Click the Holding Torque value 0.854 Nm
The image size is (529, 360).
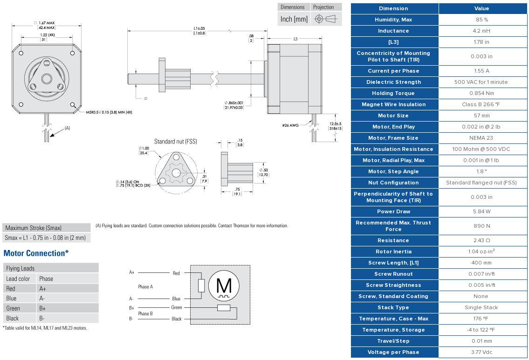tap(481, 93)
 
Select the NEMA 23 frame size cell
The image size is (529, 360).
tap(481, 138)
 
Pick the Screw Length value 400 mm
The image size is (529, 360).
tap(481, 263)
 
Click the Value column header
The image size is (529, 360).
tap(481, 8)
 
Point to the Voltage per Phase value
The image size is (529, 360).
tap(481, 352)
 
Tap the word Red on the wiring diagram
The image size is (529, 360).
tap(176, 273)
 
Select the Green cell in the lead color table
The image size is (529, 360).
tap(13, 308)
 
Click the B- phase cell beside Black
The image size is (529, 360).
tap(42, 319)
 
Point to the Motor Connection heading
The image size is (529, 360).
tap(36, 253)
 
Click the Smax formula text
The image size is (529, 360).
tap(45, 238)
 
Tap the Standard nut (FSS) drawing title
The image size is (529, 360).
tap(175, 142)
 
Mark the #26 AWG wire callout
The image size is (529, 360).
tap(291, 125)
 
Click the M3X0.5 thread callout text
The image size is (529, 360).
tap(109, 112)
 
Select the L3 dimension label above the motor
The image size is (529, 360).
tap(295, 39)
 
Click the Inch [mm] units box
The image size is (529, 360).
tap(294, 19)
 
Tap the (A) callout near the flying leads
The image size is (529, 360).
tap(67, 128)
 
